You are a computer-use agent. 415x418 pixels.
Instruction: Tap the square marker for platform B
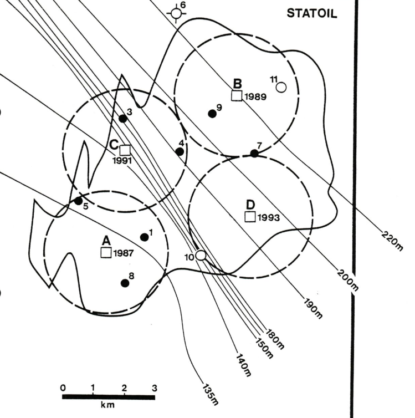click(237, 95)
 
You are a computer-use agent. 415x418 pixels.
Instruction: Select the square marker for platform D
click(250, 217)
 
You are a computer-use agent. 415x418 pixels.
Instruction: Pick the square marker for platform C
click(125, 150)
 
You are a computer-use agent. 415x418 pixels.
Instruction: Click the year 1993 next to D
click(270, 217)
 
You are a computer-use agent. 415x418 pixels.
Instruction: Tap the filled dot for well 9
click(212, 114)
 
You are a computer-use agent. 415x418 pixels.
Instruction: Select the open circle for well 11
click(281, 87)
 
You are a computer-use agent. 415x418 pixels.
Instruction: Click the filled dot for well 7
click(254, 153)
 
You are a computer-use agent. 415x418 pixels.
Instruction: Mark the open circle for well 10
click(201, 255)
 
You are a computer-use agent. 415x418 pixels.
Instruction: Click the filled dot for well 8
click(125, 283)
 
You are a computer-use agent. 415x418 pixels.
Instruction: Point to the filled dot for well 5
click(78, 201)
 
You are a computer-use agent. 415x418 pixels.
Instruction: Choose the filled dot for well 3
click(123, 118)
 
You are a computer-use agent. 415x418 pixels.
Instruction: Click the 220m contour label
click(392, 240)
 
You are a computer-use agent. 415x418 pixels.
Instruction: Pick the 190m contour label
click(313, 309)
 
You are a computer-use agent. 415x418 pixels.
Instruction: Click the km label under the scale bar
click(108, 406)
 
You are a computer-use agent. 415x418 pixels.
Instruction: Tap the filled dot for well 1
click(145, 237)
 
